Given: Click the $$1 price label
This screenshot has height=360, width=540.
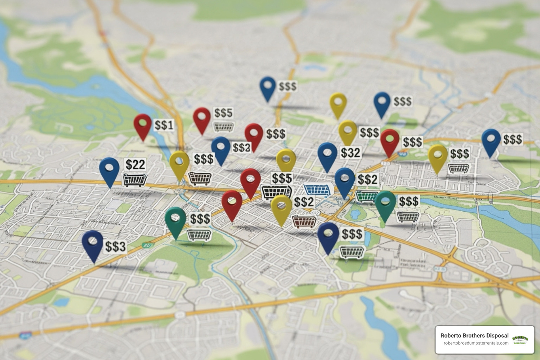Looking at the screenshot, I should click(x=164, y=125).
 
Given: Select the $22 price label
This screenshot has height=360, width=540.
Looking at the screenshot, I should click(x=135, y=164).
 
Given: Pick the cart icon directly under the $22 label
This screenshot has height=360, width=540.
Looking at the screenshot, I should click(x=134, y=179).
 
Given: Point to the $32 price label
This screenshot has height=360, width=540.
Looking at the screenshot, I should click(x=351, y=152).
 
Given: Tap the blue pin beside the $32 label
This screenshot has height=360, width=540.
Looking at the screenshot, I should click(x=327, y=154).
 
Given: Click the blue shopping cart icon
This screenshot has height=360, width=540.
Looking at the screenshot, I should click(x=319, y=189).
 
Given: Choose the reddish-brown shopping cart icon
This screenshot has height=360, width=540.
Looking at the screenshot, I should click(x=304, y=221).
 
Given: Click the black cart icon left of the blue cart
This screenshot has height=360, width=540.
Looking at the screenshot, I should click(x=277, y=192).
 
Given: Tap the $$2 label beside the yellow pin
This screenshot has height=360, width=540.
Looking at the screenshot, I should click(x=304, y=202).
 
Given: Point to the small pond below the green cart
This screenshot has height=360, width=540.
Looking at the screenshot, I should click(x=355, y=213).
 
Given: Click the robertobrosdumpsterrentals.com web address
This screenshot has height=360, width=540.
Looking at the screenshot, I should click(x=476, y=343).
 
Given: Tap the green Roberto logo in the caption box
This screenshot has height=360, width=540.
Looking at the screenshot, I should click(x=520, y=340).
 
